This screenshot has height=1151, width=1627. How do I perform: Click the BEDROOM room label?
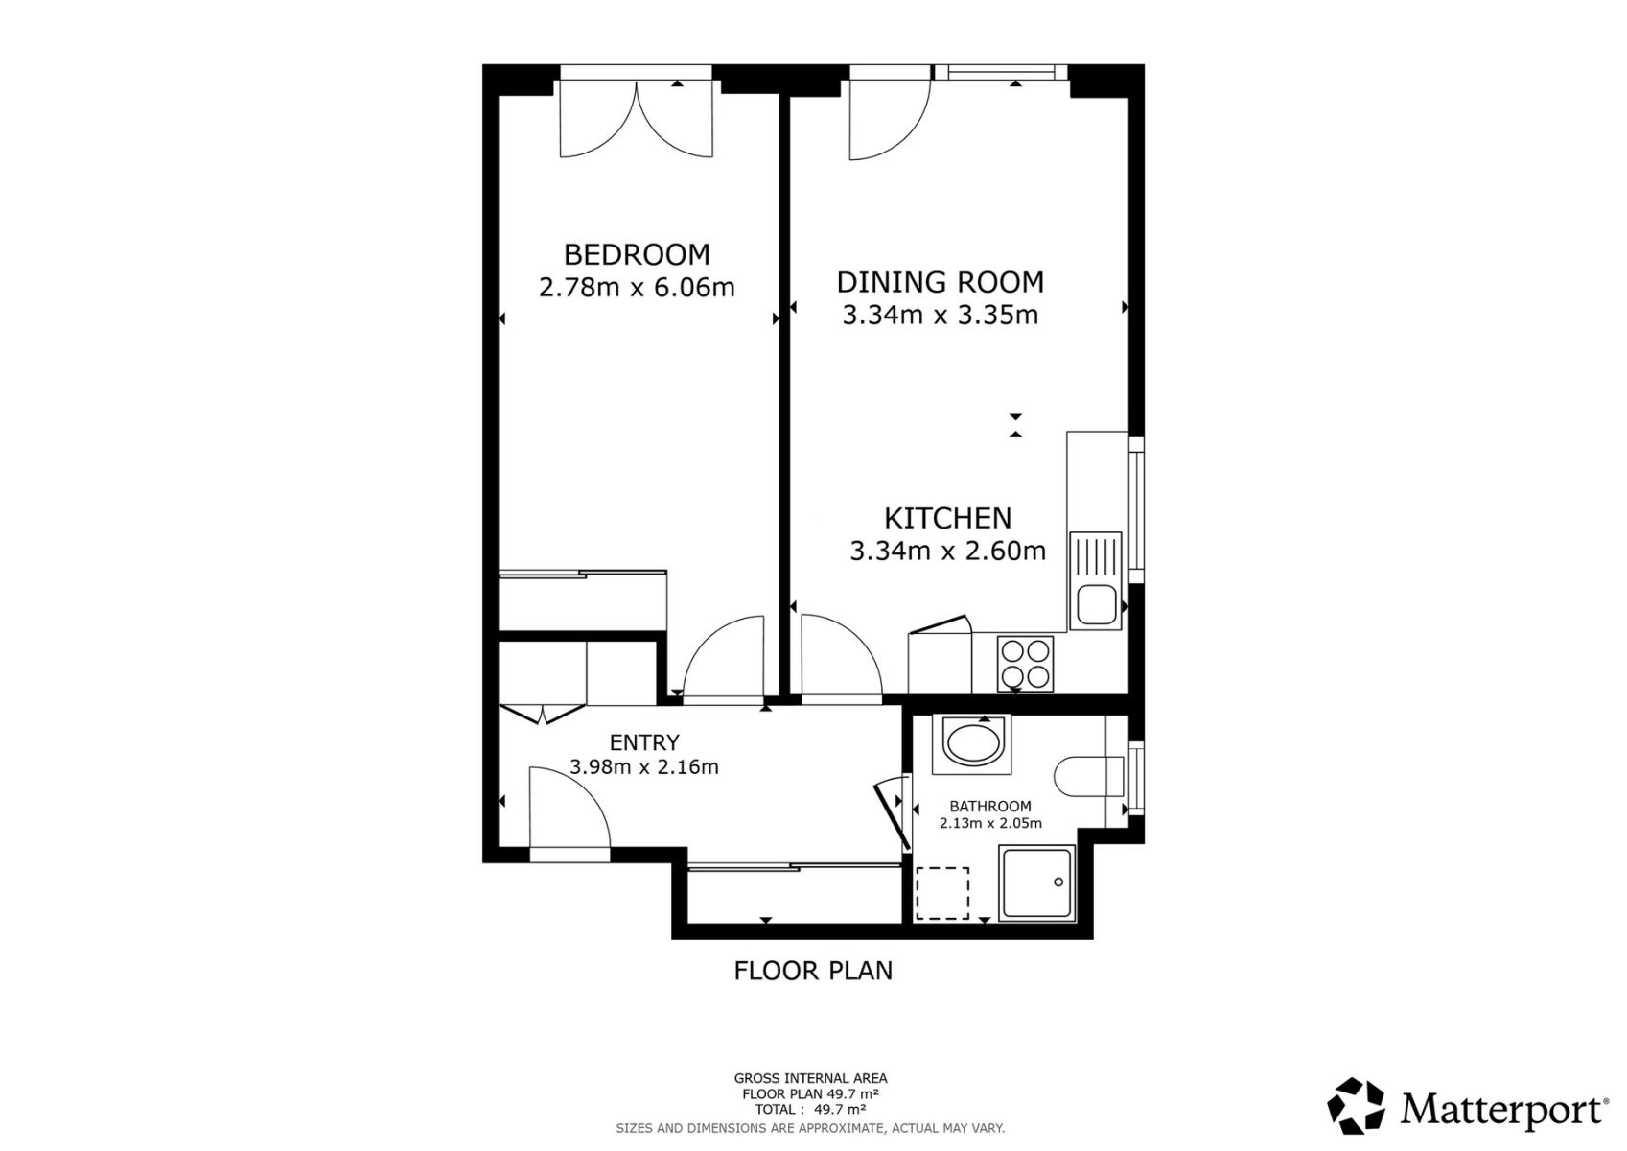[637, 255]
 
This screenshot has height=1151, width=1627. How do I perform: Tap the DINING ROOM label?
[941, 282]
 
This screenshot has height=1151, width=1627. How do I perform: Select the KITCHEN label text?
[948, 518]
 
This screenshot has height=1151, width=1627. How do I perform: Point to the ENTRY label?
[644, 742]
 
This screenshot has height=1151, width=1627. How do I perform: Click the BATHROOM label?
[990, 806]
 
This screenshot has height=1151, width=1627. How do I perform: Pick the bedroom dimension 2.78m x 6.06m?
[637, 288]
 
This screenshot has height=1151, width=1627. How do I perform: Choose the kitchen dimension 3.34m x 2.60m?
[948, 551]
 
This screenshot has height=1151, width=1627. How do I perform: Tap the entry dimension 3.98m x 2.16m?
[644, 766]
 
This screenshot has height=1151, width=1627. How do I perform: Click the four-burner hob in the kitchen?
[1025, 664]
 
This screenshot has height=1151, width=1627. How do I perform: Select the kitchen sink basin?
[1096, 605]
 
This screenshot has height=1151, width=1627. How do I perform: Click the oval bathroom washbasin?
[973, 741]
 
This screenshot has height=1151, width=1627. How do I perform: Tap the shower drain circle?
[1058, 882]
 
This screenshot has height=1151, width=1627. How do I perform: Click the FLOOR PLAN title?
[813, 971]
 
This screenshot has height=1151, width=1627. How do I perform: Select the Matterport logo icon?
[1356, 1105]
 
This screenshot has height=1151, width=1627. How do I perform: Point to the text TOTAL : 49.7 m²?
[810, 1110]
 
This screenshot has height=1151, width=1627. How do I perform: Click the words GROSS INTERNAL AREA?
[810, 1079]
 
